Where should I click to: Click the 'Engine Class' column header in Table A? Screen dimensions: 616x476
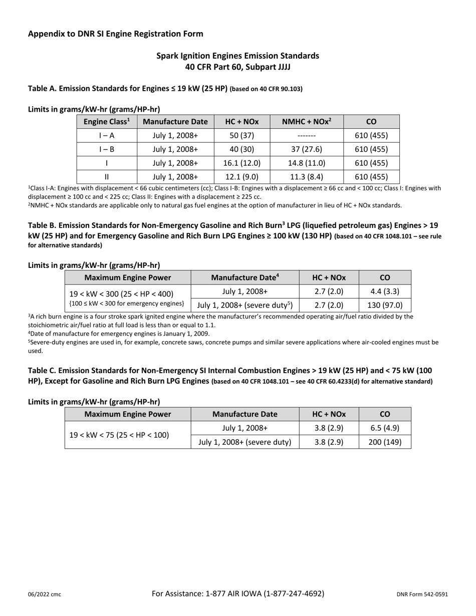(107, 122)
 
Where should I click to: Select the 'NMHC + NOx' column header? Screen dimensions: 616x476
(307, 122)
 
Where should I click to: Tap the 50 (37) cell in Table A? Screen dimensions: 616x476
(242, 135)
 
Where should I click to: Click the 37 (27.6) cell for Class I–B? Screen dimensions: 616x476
(307, 149)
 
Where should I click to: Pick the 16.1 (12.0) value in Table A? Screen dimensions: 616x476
(242, 163)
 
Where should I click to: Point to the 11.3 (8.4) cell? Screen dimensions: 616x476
(307, 176)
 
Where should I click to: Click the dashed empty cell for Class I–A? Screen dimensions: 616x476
(307, 135)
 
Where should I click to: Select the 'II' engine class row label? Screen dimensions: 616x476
(107, 176)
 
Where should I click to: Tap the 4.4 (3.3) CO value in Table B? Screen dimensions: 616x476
(385, 291)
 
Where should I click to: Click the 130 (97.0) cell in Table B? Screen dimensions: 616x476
(385, 305)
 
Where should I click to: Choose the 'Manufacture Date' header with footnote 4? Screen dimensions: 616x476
(245, 277)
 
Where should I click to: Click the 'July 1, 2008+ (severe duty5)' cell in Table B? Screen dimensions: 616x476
(245, 305)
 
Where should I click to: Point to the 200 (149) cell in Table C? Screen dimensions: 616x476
(385, 442)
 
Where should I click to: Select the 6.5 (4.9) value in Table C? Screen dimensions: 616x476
(385, 428)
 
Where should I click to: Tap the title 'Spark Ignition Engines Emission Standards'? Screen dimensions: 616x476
(237, 56)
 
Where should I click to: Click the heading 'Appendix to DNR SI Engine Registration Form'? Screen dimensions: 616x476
(116, 34)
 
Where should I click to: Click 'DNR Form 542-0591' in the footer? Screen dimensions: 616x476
(422, 594)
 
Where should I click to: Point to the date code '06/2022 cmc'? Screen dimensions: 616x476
(45, 594)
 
